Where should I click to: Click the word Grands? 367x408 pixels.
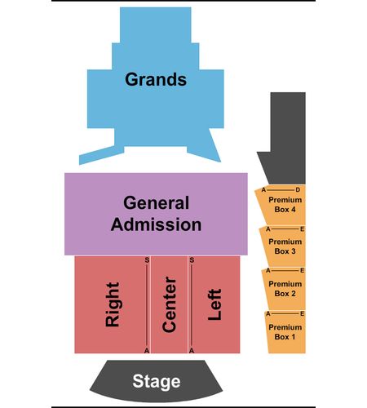pyautogui.click(x=156, y=79)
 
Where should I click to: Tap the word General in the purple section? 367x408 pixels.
pyautogui.click(x=157, y=203)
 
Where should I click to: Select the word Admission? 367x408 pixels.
pyautogui.click(x=157, y=224)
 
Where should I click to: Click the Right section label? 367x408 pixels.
pyautogui.click(x=113, y=304)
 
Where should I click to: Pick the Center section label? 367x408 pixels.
pyautogui.click(x=169, y=304)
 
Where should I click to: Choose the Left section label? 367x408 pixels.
pyautogui.click(x=214, y=304)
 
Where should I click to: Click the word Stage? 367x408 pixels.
pyautogui.click(x=157, y=382)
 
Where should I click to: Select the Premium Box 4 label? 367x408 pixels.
pyautogui.click(x=285, y=205)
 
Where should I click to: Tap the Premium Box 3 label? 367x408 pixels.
pyautogui.click(x=285, y=246)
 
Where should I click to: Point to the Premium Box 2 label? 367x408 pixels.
pyautogui.click(x=285, y=289)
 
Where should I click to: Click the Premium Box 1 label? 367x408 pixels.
pyautogui.click(x=285, y=332)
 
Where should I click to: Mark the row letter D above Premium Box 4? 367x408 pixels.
pyautogui.click(x=298, y=190)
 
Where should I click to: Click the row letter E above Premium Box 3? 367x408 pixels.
pyautogui.click(x=302, y=229)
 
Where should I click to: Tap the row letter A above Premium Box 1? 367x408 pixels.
pyautogui.click(x=268, y=314)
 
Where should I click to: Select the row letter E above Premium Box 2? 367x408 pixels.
pyautogui.click(x=302, y=270)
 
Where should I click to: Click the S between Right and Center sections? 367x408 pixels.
pyautogui.click(x=147, y=260)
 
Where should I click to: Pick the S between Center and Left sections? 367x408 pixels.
pyautogui.click(x=192, y=260)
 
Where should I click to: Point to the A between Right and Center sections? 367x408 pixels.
pyautogui.click(x=147, y=351)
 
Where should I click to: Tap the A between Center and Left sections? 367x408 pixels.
pyautogui.click(x=192, y=351)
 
